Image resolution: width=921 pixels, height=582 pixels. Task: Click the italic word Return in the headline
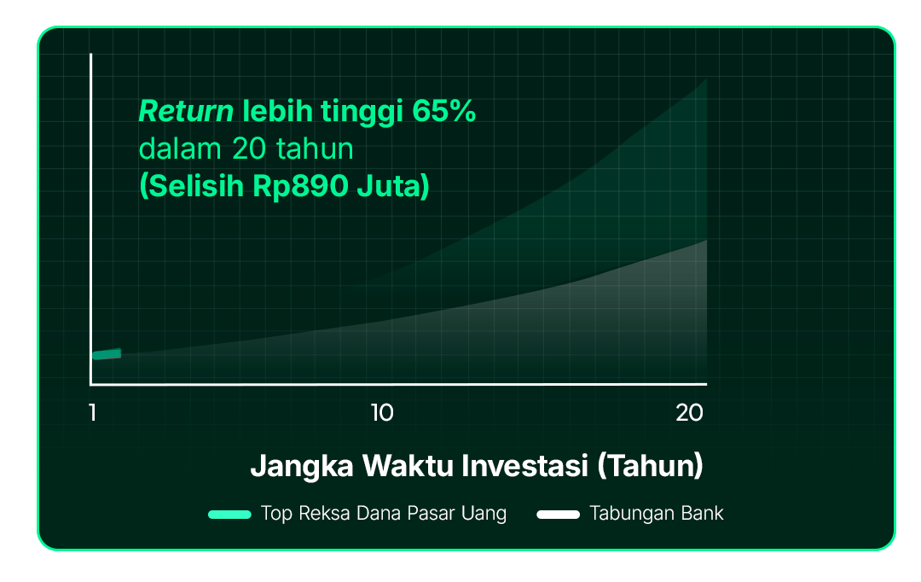pyautogui.click(x=186, y=111)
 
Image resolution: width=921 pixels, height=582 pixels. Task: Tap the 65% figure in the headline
pyautogui.click(x=443, y=111)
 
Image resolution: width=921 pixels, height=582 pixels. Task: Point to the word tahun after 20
pyautogui.click(x=315, y=148)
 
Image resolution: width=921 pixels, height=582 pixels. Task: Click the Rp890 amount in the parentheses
pyautogui.click(x=300, y=186)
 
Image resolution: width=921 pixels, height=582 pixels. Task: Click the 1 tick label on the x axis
pyautogui.click(x=93, y=413)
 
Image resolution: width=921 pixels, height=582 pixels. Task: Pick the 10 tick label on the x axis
pyautogui.click(x=382, y=413)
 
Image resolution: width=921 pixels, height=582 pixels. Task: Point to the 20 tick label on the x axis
pyautogui.click(x=689, y=413)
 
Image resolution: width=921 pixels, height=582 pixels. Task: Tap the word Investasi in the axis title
pyautogui.click(x=524, y=466)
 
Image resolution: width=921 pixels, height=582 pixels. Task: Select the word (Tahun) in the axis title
pyautogui.click(x=650, y=466)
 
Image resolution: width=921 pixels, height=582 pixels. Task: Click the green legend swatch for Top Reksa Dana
pyautogui.click(x=229, y=515)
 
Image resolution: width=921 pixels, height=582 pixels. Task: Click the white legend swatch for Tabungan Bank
pyautogui.click(x=558, y=515)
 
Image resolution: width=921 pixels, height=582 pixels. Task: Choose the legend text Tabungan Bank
pyautogui.click(x=657, y=513)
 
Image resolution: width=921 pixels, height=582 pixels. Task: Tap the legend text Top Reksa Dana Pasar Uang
pyautogui.click(x=384, y=514)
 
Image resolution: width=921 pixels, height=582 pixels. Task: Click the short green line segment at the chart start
pyautogui.click(x=107, y=354)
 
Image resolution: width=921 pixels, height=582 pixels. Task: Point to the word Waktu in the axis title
pyautogui.click(x=408, y=466)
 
